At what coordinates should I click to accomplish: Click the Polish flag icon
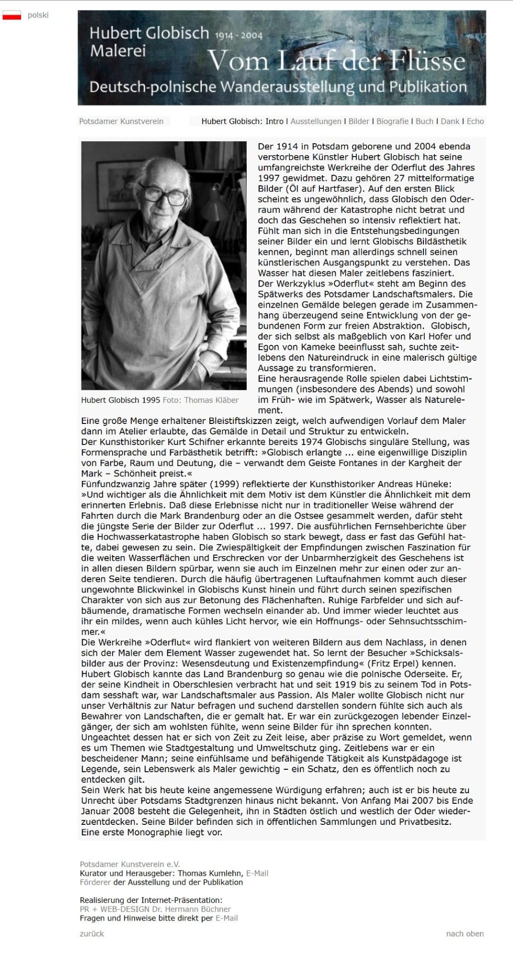(x=12, y=15)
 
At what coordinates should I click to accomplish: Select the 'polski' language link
(x=38, y=15)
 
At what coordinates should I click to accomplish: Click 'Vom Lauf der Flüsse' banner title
(x=336, y=61)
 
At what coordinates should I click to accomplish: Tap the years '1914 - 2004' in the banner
(x=239, y=36)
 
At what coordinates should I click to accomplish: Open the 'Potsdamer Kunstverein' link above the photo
(x=121, y=121)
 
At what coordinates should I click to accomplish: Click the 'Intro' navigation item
(x=274, y=121)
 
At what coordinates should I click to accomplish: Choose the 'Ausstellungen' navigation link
(x=316, y=121)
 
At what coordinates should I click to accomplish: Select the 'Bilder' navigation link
(x=359, y=121)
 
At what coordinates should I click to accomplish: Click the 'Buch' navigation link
(x=424, y=121)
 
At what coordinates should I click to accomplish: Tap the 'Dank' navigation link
(x=450, y=121)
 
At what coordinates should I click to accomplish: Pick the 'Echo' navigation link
(x=475, y=121)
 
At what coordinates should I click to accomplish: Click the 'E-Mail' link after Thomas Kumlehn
(x=257, y=873)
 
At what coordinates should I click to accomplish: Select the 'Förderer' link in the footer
(x=96, y=882)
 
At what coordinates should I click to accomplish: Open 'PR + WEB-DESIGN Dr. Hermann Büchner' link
(x=155, y=909)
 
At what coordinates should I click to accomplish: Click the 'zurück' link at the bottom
(x=92, y=933)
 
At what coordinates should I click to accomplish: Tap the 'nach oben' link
(x=465, y=933)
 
